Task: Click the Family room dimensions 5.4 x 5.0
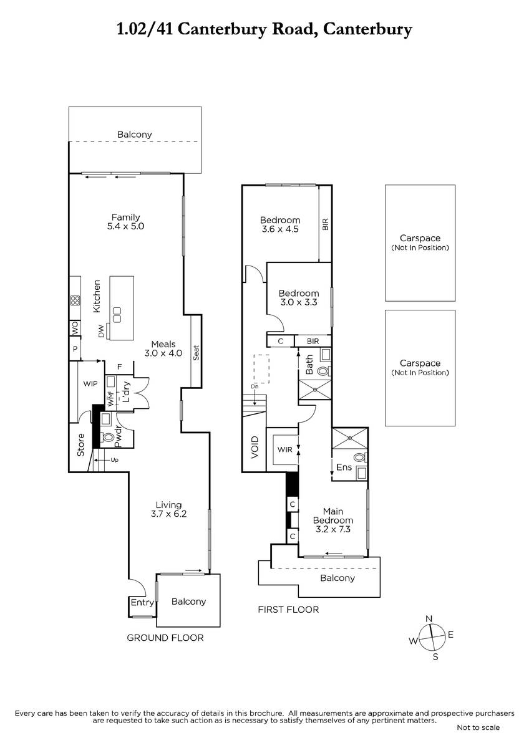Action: tap(125, 226)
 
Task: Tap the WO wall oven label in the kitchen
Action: tap(75, 328)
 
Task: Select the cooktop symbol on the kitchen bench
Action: tap(75, 300)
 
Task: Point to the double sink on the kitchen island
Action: tap(117, 315)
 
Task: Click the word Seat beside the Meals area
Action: tap(196, 353)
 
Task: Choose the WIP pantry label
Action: tap(90, 383)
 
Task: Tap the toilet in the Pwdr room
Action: tap(107, 436)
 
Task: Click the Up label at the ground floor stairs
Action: tap(115, 460)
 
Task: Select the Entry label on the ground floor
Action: tap(142, 602)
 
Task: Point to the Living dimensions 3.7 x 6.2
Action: tap(168, 514)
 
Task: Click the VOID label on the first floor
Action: tap(255, 447)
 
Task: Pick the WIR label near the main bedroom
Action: tap(284, 449)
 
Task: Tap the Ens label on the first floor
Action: tap(344, 467)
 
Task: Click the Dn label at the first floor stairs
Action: tap(255, 386)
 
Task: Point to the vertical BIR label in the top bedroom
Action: tap(326, 224)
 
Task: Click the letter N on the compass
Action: tap(429, 619)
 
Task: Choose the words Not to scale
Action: tap(478, 727)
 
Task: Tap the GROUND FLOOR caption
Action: tap(165, 638)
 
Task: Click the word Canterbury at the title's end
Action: tap(367, 29)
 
